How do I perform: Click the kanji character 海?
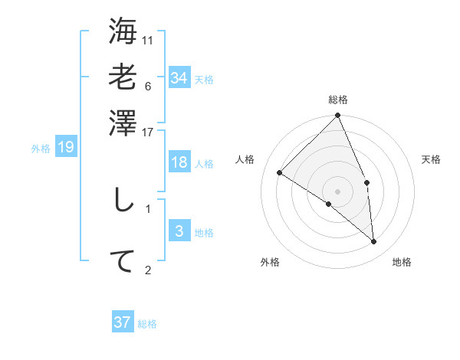click(123, 32)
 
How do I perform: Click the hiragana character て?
click(123, 260)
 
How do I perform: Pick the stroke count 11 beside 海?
click(148, 40)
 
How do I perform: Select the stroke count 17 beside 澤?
click(148, 132)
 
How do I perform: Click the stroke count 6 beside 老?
click(148, 85)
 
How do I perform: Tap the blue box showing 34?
click(179, 78)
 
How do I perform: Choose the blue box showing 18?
click(179, 162)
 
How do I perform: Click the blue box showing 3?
click(179, 231)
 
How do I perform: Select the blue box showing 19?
click(66, 147)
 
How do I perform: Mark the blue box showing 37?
click(123, 322)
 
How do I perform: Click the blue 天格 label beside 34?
click(204, 80)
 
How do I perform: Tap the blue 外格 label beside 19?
click(41, 149)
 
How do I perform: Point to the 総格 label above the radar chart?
click(338, 100)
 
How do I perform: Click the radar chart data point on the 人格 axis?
click(280, 173)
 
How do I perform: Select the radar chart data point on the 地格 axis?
click(373, 242)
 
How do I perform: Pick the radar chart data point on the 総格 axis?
click(338, 116)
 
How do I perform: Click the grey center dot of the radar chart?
click(338, 191)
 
